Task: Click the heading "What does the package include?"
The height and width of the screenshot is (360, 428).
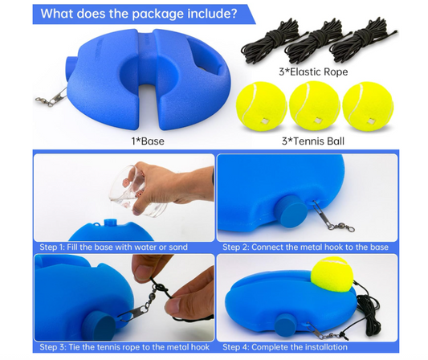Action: pyautogui.click(x=139, y=14)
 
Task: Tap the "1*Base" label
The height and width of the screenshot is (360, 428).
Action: pyautogui.click(x=148, y=141)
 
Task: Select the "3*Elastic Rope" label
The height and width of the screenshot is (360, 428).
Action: pyautogui.click(x=313, y=72)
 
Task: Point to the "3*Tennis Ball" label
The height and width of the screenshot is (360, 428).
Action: pyautogui.click(x=313, y=141)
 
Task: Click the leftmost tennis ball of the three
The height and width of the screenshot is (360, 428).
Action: pyautogui.click(x=261, y=108)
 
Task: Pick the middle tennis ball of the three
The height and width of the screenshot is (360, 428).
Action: pyautogui.click(x=314, y=108)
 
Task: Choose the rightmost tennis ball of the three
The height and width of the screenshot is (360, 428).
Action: pyautogui.click(x=368, y=108)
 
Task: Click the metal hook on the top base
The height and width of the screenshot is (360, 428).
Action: pyautogui.click(x=52, y=97)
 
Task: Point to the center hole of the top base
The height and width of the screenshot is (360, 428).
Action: pyautogui.click(x=148, y=71)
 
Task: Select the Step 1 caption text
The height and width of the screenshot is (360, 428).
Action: pyautogui.click(x=113, y=247)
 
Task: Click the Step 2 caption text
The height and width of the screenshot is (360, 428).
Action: pyautogui.click(x=305, y=247)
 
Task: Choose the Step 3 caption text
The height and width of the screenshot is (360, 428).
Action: pyautogui.click(x=124, y=347)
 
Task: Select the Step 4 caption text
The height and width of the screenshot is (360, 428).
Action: pyautogui.click(x=285, y=347)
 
